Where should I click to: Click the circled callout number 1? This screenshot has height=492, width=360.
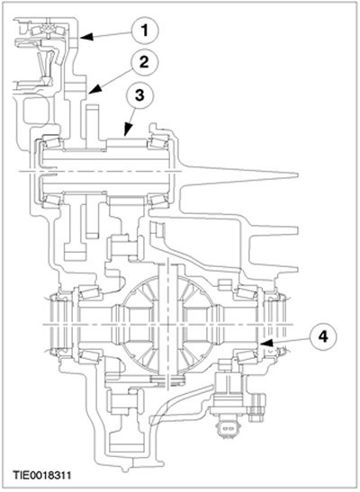pos(145,31)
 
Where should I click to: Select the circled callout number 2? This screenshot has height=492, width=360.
pos(144,62)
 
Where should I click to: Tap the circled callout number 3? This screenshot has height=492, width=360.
pos(139,94)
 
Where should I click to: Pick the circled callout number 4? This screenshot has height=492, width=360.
pos(323,336)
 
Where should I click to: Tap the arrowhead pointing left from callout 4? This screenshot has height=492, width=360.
pos(265,343)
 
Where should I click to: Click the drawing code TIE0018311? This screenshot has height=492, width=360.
pos(41,475)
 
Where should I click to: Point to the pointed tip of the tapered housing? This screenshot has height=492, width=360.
pos(296,174)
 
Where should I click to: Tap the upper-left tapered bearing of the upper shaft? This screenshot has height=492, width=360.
pos(51,142)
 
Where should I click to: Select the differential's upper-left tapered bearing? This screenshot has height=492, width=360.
pos(89,291)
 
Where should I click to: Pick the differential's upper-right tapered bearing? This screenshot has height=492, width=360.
pos(247,291)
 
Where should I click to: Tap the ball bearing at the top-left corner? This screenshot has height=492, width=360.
pos(48,30)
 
